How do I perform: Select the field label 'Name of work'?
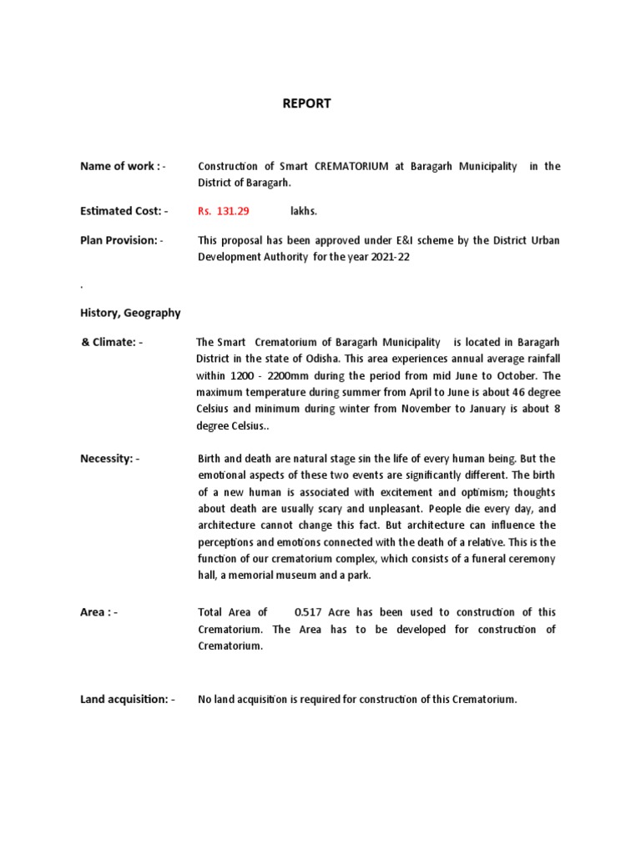coord(117,166)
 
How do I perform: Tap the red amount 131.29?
coord(234,212)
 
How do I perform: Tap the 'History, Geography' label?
coord(130,313)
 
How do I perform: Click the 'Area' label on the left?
coord(96,612)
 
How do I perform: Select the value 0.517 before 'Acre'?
coord(300,612)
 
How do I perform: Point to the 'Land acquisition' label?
coord(124,699)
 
